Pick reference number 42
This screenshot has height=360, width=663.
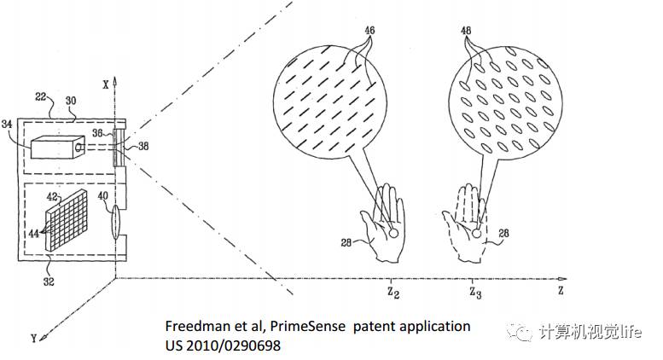click(x=53, y=197)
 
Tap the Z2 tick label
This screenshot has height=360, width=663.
click(x=392, y=293)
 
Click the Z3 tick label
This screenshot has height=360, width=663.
click(x=474, y=293)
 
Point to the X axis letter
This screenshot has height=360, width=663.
click(x=106, y=84)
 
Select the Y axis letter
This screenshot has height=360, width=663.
click(x=33, y=339)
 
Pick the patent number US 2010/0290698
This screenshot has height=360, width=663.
click(x=224, y=345)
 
